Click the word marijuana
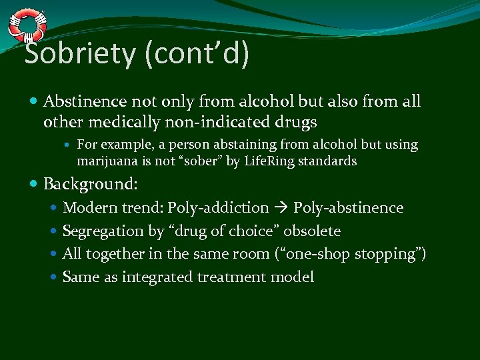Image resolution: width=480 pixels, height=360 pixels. point(107,161)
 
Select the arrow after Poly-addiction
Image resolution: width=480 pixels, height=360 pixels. point(281,208)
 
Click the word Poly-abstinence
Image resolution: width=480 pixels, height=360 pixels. point(348,208)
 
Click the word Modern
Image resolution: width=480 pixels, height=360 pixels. point(89,208)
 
